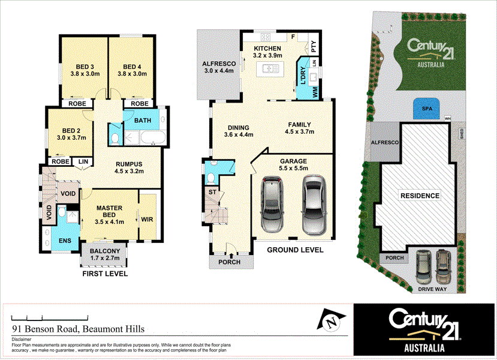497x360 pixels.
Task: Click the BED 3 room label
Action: pyautogui.click(x=85, y=67)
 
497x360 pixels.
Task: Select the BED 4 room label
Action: pyautogui.click(x=132, y=67)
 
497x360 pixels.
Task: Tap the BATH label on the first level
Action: pyautogui.click(x=143, y=121)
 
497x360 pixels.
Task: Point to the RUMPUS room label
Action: pyautogui.click(x=129, y=163)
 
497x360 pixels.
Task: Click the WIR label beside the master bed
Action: pyautogui.click(x=147, y=220)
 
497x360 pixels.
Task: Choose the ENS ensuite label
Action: pyautogui.click(x=64, y=241)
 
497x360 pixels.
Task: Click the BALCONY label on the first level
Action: pyautogui.click(x=105, y=251)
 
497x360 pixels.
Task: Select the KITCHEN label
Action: pyautogui.click(x=267, y=49)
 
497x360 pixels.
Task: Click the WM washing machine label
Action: pyautogui.click(x=314, y=92)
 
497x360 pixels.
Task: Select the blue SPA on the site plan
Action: pyautogui.click(x=426, y=109)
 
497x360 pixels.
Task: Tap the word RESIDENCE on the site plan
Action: pyautogui.click(x=420, y=196)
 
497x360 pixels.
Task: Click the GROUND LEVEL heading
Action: pyautogui.click(x=295, y=250)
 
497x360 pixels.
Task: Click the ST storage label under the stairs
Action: pyautogui.click(x=212, y=191)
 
